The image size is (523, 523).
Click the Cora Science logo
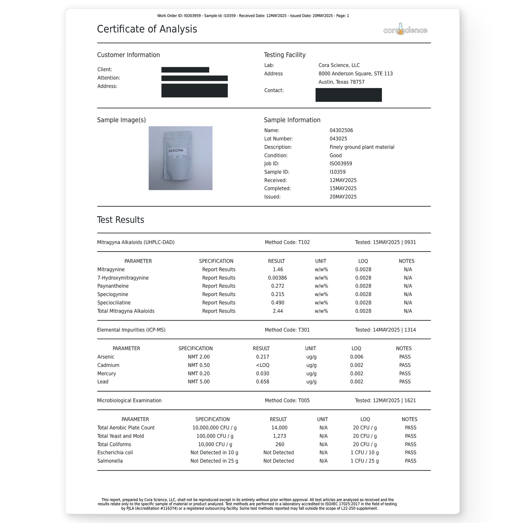pyautogui.click(x=405, y=30)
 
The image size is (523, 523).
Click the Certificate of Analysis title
pyautogui.click(x=147, y=29)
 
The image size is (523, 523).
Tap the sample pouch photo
pyautogui.click(x=180, y=158)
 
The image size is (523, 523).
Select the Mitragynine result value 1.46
pyautogui.click(x=278, y=270)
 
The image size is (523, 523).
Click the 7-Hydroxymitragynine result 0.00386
pyautogui.click(x=277, y=278)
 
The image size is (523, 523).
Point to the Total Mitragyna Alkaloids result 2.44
pyautogui.click(x=278, y=311)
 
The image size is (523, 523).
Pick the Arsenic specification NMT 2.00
pyautogui.click(x=199, y=357)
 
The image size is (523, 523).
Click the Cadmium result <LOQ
pyautogui.click(x=262, y=365)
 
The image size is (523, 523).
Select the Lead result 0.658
pyautogui.click(x=262, y=382)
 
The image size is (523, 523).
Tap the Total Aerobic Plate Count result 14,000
pyautogui.click(x=279, y=428)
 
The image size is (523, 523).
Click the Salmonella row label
pyautogui.click(x=110, y=461)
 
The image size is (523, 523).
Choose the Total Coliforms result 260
pyautogui.click(x=279, y=444)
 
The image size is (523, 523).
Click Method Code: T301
pyautogui.click(x=287, y=330)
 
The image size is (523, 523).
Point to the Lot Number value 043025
pyautogui.click(x=338, y=139)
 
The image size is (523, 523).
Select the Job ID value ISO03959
pyautogui.click(x=341, y=164)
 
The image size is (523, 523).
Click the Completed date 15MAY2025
pyautogui.click(x=343, y=189)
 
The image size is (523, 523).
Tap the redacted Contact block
pyautogui.click(x=348, y=95)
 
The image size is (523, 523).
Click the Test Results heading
pyautogui.click(x=121, y=220)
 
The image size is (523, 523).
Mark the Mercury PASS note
pyautogui.click(x=405, y=374)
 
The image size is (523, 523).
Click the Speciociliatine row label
pyautogui.click(x=114, y=303)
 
